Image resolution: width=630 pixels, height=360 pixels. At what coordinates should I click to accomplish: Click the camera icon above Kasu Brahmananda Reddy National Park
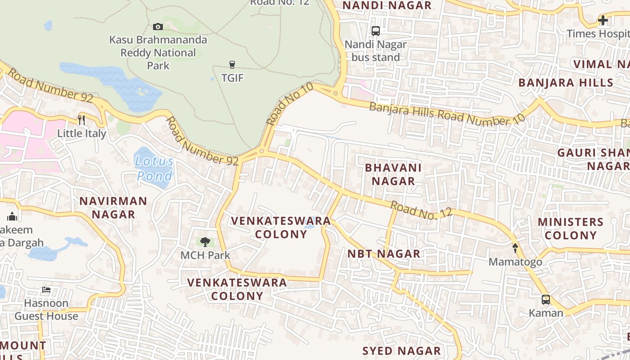[x=157, y=27]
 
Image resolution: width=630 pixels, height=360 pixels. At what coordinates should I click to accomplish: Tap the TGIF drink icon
[x=232, y=65]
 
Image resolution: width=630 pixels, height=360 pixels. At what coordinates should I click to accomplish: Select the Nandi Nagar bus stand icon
[x=375, y=31]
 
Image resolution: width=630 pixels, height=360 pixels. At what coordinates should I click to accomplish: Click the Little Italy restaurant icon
[x=81, y=120]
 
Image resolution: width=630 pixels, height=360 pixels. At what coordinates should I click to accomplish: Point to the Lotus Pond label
[x=154, y=168]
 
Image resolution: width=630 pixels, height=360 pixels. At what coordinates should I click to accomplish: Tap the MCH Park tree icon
[x=205, y=242]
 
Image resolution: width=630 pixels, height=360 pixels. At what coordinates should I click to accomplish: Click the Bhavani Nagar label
[x=390, y=175]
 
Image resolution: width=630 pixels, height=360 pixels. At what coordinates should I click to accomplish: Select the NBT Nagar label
[x=384, y=254]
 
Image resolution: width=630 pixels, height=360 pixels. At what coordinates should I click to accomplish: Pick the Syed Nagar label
[x=402, y=351]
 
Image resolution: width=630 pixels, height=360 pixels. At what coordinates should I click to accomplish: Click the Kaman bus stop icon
[x=545, y=299]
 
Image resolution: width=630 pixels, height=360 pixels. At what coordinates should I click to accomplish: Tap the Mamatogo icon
[x=515, y=248]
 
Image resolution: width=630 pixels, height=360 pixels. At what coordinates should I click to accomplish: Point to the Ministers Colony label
[x=570, y=229]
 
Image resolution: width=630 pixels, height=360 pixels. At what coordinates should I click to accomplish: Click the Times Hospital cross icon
[x=603, y=20]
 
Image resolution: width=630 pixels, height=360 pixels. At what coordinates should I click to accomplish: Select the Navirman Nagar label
[x=113, y=207]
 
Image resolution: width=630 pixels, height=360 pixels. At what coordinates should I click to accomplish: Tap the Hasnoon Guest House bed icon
[x=46, y=290]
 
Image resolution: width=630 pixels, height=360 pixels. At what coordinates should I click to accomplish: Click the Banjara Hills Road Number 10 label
[x=447, y=115]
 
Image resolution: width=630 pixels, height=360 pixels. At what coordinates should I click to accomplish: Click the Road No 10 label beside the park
[x=289, y=104]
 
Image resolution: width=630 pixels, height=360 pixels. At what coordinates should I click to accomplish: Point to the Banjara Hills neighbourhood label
[x=566, y=83]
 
